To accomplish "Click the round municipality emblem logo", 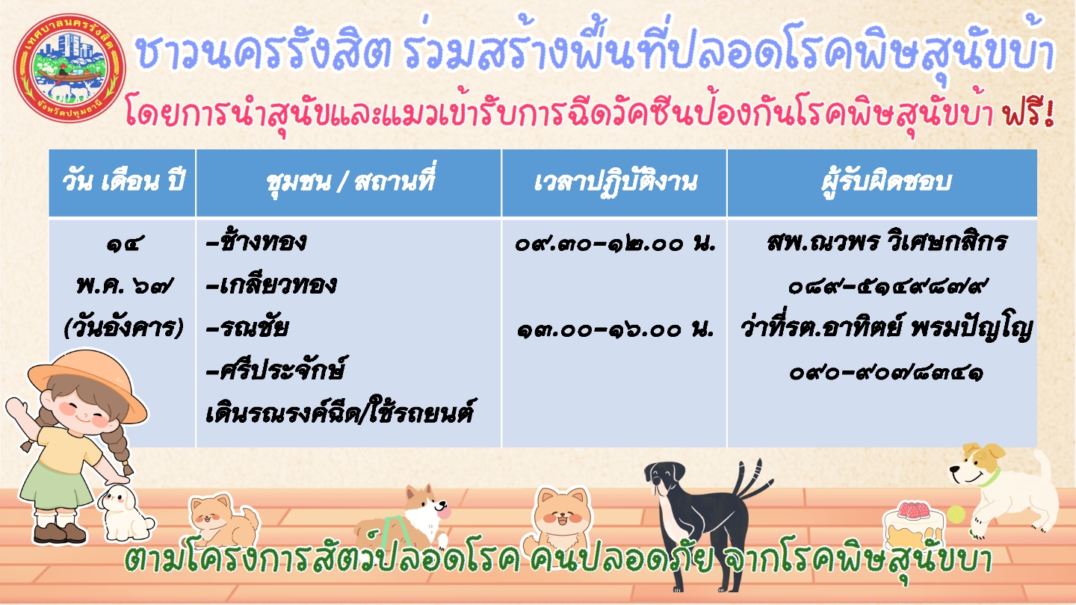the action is pyautogui.click(x=69, y=68).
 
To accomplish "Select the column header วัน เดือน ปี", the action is pyautogui.click(x=123, y=181).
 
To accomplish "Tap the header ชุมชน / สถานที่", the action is pyautogui.click(x=350, y=181).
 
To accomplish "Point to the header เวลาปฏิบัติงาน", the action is pyautogui.click(x=616, y=182).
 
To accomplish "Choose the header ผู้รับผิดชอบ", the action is pyautogui.click(x=886, y=181).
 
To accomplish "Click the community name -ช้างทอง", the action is pyautogui.click(x=256, y=241).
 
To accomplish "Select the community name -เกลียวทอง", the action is pyautogui.click(x=271, y=284).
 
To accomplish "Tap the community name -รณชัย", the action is pyautogui.click(x=247, y=326).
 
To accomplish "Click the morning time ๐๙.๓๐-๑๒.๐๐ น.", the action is pyautogui.click(x=616, y=244).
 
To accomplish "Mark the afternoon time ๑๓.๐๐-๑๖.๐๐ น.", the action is pyautogui.click(x=616, y=329).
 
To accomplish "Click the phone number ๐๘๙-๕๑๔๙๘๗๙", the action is pyautogui.click(x=887, y=286).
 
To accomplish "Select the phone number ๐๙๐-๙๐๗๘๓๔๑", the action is pyautogui.click(x=887, y=372).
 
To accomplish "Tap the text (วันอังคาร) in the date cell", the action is pyautogui.click(x=123, y=328).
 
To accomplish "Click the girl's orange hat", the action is pyautogui.click(x=87, y=384).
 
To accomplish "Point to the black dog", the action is pyautogui.click(x=706, y=524).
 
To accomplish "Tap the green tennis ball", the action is pyautogui.click(x=956, y=514).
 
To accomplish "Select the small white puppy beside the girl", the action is pyautogui.click(x=125, y=513).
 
